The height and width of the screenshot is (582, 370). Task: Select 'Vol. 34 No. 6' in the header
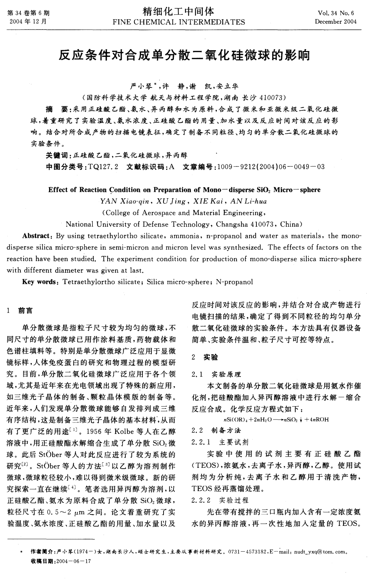click(x=336, y=13)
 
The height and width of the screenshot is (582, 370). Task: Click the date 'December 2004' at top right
click(x=336, y=22)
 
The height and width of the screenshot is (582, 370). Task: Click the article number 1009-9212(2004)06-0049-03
click(x=271, y=167)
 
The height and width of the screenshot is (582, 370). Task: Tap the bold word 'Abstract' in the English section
click(x=36, y=236)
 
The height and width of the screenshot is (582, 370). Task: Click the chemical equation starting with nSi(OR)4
click(x=276, y=420)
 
